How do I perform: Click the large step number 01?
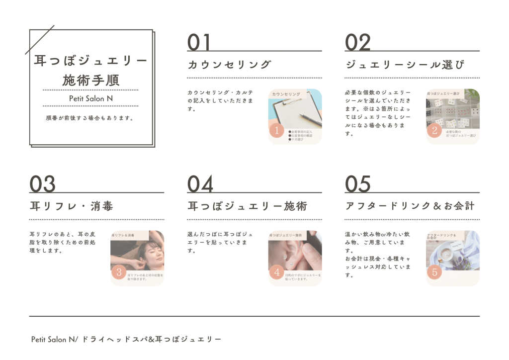point(199,42)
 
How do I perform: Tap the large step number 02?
point(358,42)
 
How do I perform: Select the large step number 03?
point(42,184)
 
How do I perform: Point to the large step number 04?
point(200,184)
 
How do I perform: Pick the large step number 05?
point(358,184)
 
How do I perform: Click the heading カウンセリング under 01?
point(230,65)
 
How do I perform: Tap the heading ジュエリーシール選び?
point(405,65)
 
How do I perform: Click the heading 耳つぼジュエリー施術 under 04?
point(247,206)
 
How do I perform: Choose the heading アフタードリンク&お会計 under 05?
point(410,206)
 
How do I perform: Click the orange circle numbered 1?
point(276,131)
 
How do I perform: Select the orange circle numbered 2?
point(434,131)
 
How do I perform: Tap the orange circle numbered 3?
point(119,272)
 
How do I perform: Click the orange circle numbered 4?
point(276,272)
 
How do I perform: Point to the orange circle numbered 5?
point(434,272)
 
